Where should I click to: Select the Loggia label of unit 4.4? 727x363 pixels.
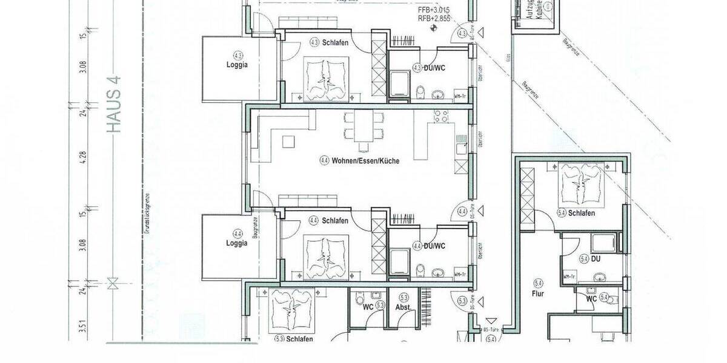tap(237, 243)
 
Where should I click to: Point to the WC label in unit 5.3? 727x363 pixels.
tap(368, 307)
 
